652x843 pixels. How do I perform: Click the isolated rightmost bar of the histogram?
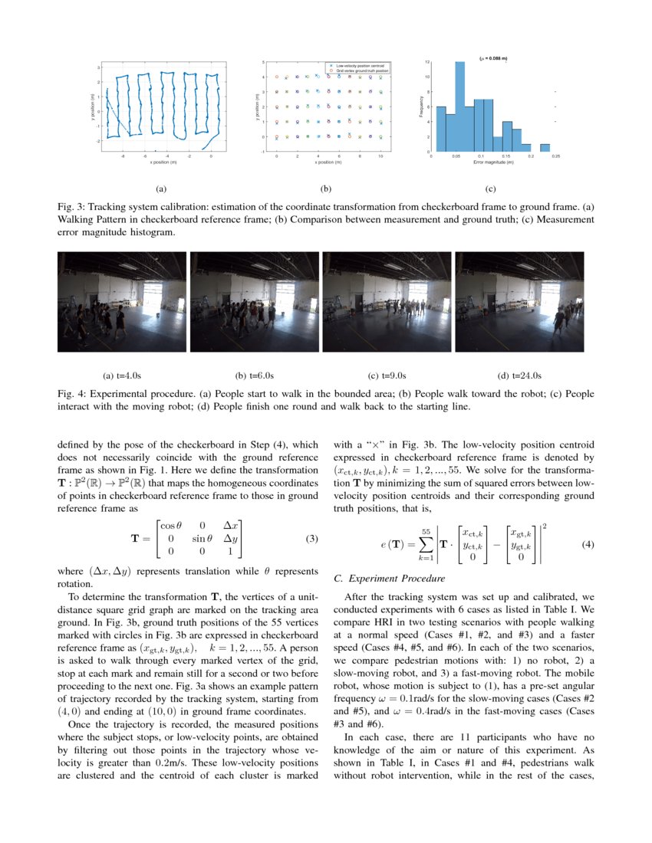pyautogui.click(x=545, y=148)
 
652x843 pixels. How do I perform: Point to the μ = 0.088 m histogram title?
pyautogui.click(x=493, y=57)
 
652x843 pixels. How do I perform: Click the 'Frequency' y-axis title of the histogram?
pyautogui.click(x=422, y=106)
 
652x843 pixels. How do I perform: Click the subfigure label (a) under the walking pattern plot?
pyautogui.click(x=160, y=188)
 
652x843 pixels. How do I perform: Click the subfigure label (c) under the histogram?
pyautogui.click(x=490, y=188)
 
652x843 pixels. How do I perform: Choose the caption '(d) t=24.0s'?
pyautogui.click(x=520, y=376)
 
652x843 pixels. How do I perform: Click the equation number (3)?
pyautogui.click(x=311, y=538)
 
